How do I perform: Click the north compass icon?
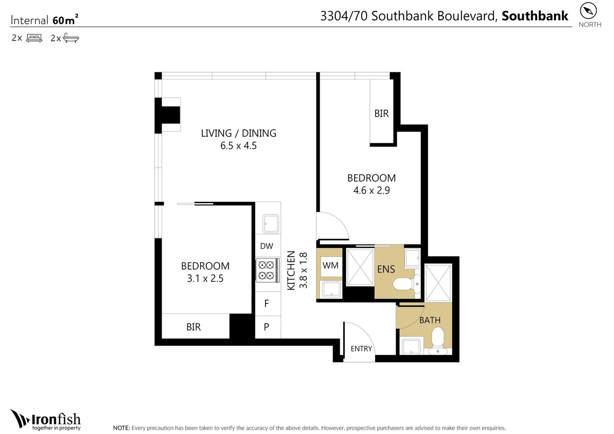point(588,11)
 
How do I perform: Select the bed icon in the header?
point(34,38)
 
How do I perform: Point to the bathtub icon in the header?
point(71,38)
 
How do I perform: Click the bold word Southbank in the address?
point(534,16)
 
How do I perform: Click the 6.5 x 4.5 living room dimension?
point(238,146)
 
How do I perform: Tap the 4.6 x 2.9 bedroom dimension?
point(371,190)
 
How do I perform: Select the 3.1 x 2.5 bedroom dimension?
point(205,278)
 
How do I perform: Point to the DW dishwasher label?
point(267,246)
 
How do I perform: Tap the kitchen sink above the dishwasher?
point(271,224)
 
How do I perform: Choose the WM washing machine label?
point(330,266)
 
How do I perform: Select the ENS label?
point(386,270)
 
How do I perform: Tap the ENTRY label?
point(361,349)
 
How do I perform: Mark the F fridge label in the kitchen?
point(267,304)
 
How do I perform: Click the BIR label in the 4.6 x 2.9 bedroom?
point(381,114)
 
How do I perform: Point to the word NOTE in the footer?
point(121,428)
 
